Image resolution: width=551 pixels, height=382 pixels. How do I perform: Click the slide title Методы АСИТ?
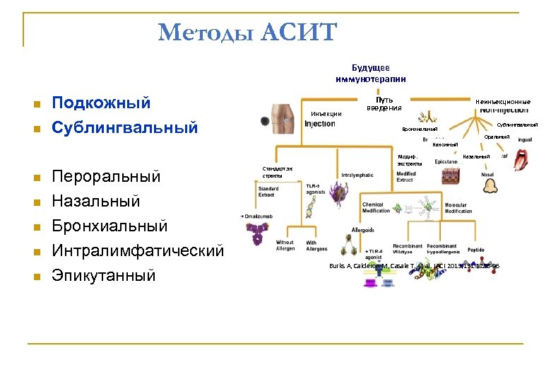pyautogui.click(x=248, y=33)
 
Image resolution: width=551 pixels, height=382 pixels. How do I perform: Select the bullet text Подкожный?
pyautogui.click(x=102, y=103)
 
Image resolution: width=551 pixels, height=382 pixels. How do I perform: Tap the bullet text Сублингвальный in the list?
pyautogui.click(x=125, y=128)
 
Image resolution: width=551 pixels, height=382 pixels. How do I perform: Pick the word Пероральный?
pyautogui.click(x=107, y=176)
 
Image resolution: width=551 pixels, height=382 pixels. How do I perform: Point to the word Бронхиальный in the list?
pyautogui.click(x=110, y=226)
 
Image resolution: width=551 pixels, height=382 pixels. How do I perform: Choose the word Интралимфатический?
pyautogui.click(x=138, y=250)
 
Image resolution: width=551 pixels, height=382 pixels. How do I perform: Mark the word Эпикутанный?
pyautogui.click(x=104, y=275)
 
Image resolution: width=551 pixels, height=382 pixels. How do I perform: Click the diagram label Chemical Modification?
pyautogui.click(x=376, y=207)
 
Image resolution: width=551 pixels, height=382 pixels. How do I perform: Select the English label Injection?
pyautogui.click(x=319, y=125)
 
